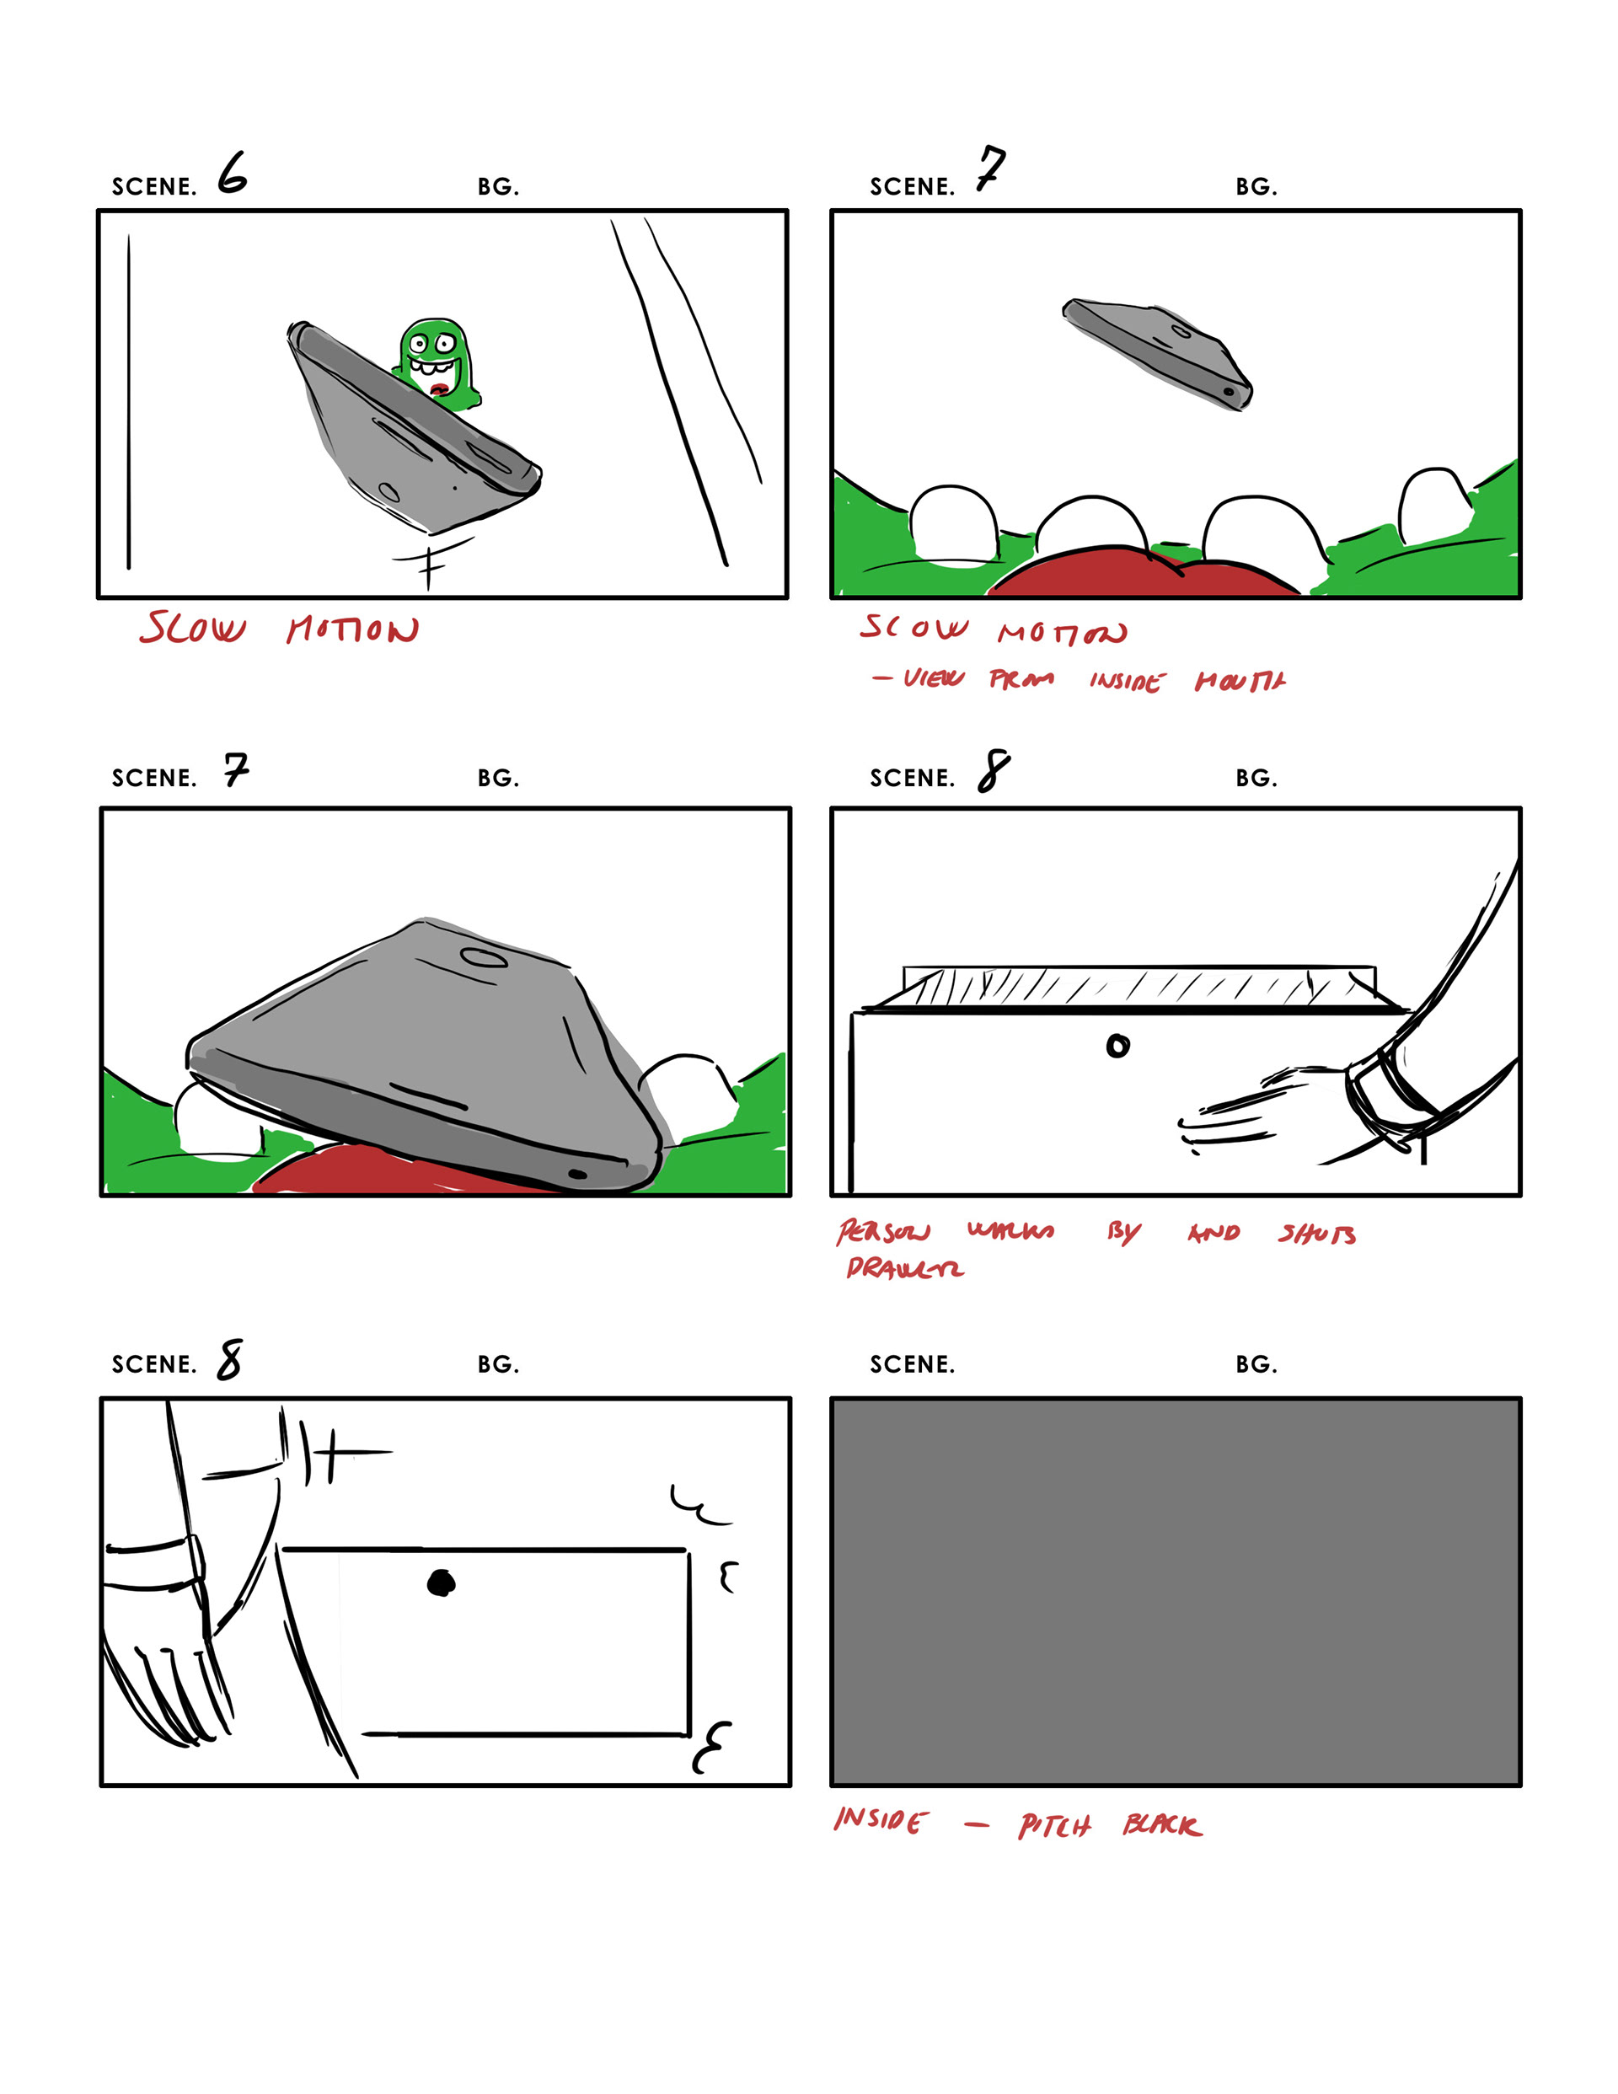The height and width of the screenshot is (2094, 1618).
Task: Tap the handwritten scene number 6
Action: [x=232, y=174]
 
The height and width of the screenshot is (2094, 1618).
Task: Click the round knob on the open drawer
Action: [x=1117, y=1046]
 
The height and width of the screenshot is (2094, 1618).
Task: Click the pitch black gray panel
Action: [x=1175, y=1592]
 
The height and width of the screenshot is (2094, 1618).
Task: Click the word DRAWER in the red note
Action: [x=904, y=1268]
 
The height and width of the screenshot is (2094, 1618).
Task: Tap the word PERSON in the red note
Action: [x=882, y=1232]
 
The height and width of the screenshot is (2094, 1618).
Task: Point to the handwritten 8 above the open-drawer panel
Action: [x=994, y=771]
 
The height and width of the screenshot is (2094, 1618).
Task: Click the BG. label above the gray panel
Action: [x=1256, y=1364]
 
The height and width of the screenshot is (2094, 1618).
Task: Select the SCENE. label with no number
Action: [x=911, y=1364]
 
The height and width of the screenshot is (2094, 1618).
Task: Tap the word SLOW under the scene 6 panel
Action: [x=193, y=629]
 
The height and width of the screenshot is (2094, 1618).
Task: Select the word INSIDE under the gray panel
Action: [x=881, y=1820]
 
